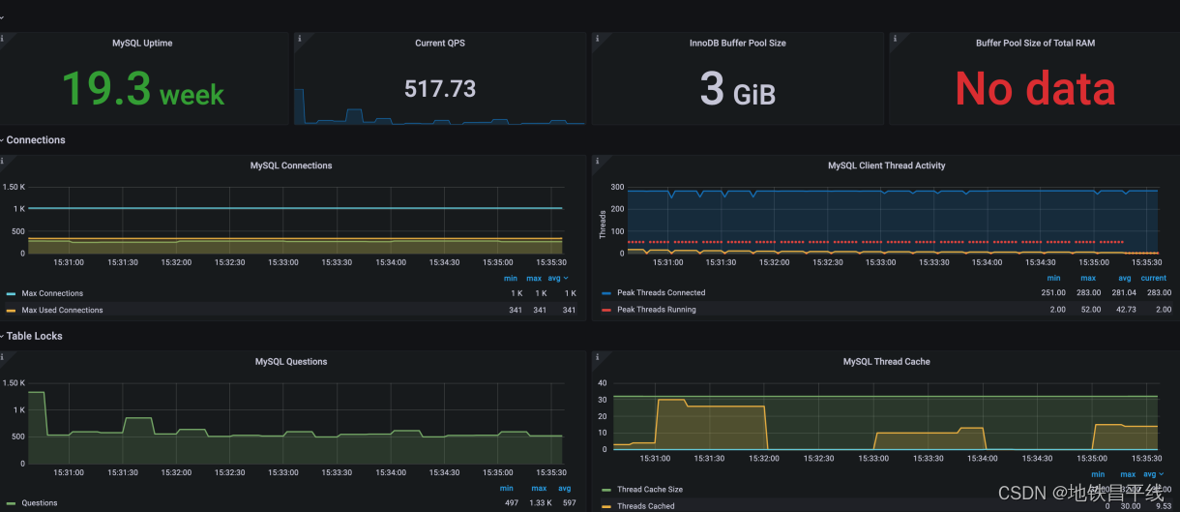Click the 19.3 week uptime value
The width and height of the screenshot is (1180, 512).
tap(143, 89)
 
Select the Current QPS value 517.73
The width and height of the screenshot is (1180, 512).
tap(440, 89)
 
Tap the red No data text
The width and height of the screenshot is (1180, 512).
tap(1035, 89)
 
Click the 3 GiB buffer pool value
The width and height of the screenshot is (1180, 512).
tap(737, 89)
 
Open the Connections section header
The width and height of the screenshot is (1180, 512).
tap(36, 140)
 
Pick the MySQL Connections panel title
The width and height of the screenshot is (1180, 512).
tap(291, 166)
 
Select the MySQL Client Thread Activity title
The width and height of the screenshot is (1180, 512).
tap(886, 166)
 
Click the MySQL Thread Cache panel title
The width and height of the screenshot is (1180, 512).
tap(886, 361)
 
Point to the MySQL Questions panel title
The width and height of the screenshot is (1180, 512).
tap(291, 361)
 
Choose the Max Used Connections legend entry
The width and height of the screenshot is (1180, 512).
tap(62, 310)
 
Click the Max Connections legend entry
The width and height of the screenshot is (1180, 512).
tap(52, 293)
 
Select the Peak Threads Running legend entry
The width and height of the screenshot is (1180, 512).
tap(656, 310)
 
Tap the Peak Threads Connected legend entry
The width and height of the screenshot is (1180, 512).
tap(661, 292)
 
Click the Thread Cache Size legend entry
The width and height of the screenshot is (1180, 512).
tap(650, 490)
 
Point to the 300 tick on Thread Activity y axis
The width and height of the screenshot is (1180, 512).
tap(617, 187)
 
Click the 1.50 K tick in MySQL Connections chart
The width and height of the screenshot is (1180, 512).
tap(14, 187)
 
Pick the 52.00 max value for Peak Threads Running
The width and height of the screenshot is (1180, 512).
tap(1087, 310)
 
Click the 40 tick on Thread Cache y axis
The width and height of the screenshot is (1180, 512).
tap(602, 382)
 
